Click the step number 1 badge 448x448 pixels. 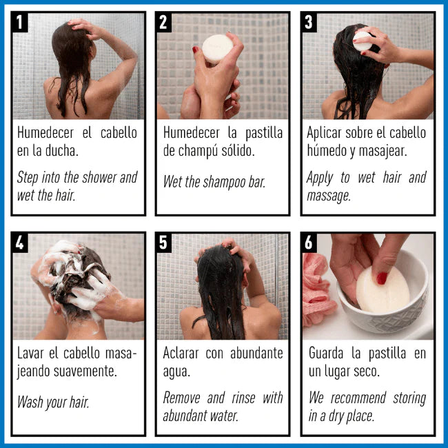[x=21, y=21]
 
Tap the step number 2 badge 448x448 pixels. [x=164, y=21]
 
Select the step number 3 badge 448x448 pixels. [x=309, y=21]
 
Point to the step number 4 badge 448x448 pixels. [x=21, y=242]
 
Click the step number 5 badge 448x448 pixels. [x=164, y=242]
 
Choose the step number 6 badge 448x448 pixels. [x=309, y=242]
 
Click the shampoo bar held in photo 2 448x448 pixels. [x=217, y=49]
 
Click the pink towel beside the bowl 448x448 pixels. [x=316, y=289]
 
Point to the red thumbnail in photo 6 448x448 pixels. [x=381, y=278]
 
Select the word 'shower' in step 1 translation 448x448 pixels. [x=99, y=177]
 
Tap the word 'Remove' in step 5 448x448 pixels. [x=182, y=398]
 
